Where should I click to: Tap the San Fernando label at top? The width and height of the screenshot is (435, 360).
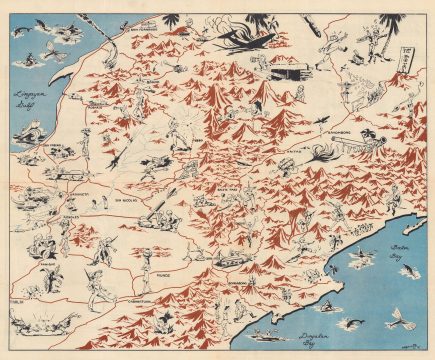137,30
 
